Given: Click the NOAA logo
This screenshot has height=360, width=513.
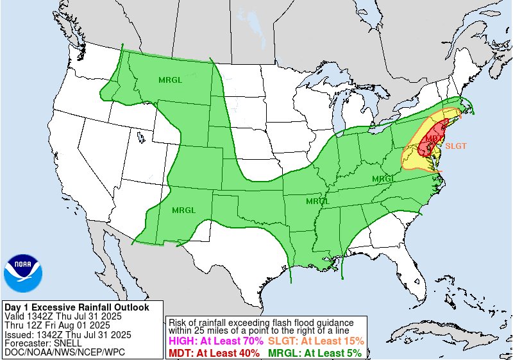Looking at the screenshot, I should point(22,273).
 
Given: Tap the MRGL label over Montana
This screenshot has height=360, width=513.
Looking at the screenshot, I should point(170,80).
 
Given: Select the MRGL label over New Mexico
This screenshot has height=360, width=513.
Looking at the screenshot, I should point(183,210).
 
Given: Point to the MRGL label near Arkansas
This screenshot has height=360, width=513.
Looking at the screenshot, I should point(317,201).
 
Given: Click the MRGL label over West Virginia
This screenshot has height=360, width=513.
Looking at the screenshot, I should point(383,178).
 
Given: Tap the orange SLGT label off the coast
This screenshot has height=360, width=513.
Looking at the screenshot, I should point(455,146).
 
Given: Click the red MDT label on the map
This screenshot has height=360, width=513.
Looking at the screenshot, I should point(432,138).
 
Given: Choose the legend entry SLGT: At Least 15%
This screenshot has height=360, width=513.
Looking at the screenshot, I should point(315,341).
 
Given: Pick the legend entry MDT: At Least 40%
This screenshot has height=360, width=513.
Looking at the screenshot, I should point(213,352).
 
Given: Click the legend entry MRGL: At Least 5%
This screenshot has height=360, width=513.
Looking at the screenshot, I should point(314,352).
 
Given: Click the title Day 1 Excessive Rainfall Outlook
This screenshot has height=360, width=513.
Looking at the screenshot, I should point(77,307).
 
